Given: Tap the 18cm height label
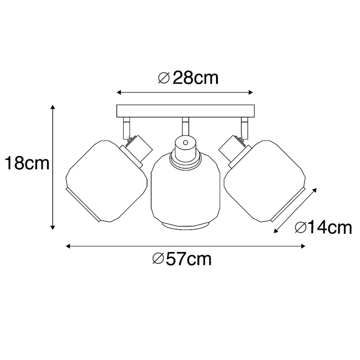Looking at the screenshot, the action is click(x=27, y=163).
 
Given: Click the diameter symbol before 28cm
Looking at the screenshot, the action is click(x=164, y=78).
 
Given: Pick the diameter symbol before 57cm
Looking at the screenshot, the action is click(x=158, y=259).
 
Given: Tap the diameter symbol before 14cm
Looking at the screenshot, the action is click(x=301, y=228).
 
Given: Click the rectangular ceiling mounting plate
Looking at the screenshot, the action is click(x=186, y=111).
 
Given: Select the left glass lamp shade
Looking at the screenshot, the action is click(x=107, y=181).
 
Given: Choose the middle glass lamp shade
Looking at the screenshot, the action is click(x=186, y=191).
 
